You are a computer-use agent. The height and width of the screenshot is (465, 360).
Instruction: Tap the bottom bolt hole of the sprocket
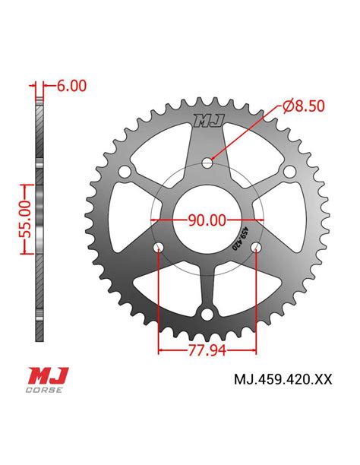click(206, 315)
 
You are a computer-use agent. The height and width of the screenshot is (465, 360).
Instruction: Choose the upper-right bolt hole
click(289, 175)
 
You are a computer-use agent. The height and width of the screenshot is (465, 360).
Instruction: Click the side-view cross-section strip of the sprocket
click(37, 213)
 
